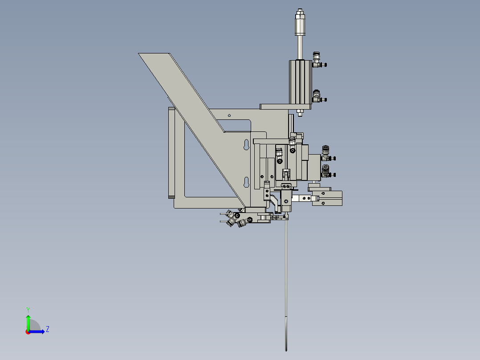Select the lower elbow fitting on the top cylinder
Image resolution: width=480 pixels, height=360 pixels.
pyautogui.click(x=317, y=96)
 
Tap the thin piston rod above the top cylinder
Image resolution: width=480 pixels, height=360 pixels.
pyautogui.click(x=300, y=47)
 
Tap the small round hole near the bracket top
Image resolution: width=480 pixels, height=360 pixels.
pyautogui.click(x=229, y=115)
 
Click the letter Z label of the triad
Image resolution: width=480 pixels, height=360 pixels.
pyautogui.click(x=47, y=330)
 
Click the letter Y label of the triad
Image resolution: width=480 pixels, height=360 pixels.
pyautogui.click(x=28, y=309)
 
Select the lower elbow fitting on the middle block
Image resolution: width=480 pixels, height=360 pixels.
pyautogui.click(x=326, y=171)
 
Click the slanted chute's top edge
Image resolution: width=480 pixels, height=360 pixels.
pyautogui.click(x=154, y=53)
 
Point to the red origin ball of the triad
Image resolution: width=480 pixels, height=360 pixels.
pyautogui.click(x=28, y=331)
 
